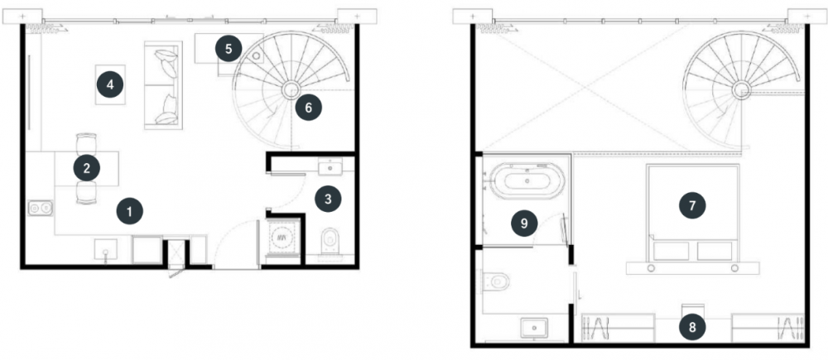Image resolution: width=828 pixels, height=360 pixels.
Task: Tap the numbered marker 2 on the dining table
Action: [87, 168]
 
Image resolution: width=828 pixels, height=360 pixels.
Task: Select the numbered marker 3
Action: [328, 199]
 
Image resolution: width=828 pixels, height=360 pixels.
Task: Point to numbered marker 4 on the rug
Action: [110, 84]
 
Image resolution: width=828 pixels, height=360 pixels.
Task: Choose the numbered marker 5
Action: [229, 49]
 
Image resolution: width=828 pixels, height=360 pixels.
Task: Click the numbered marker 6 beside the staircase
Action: [308, 108]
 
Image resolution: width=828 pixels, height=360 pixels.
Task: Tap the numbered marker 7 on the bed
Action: [692, 205]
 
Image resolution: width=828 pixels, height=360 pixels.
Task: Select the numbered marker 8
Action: [692, 327]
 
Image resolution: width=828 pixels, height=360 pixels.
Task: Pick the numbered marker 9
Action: [524, 223]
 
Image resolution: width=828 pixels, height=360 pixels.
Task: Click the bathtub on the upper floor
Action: [527, 180]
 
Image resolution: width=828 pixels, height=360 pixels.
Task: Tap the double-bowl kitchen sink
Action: [40, 209]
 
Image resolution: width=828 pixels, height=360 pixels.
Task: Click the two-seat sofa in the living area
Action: [163, 85]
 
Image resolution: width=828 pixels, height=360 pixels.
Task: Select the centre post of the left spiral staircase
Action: [290, 90]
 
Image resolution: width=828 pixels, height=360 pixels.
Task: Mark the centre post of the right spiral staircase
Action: [740, 90]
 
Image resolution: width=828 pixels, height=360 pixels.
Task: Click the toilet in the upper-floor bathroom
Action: [495, 281]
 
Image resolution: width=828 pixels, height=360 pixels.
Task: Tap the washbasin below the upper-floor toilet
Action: [534, 328]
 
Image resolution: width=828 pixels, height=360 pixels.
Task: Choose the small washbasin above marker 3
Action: [330, 168]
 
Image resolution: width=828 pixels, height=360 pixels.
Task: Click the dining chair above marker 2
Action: [87, 143]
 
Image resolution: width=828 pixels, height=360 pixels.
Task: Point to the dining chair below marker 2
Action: [87, 193]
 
